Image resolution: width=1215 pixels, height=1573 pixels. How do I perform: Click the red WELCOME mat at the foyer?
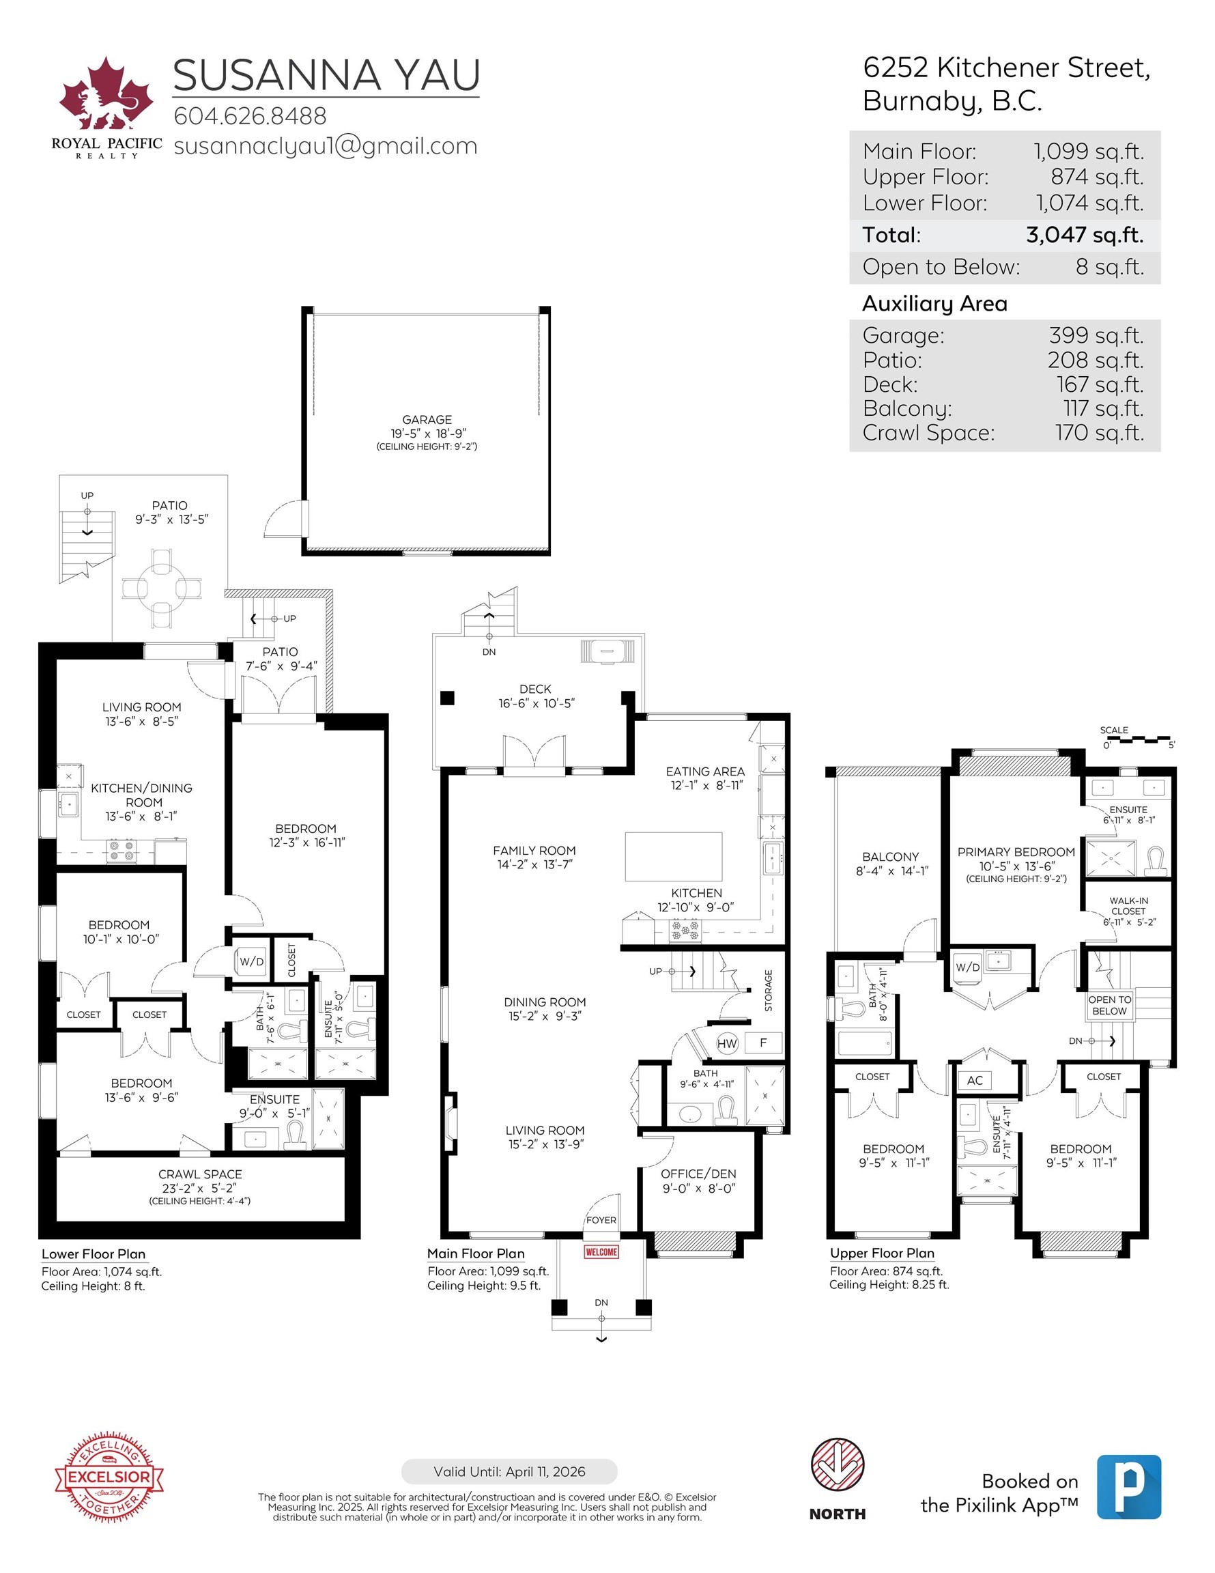pos(601,1251)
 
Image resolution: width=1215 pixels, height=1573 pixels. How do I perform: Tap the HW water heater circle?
pos(727,1043)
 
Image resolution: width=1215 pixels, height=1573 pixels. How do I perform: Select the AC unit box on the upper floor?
pos(975,1079)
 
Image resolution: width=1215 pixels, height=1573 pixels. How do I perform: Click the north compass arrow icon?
pos(837,1465)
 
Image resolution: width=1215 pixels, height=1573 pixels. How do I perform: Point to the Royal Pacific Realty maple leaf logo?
pos(106,97)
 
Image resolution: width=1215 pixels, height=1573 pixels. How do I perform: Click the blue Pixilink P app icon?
pos(1128,1486)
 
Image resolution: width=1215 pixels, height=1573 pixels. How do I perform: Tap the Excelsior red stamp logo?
pos(109,1477)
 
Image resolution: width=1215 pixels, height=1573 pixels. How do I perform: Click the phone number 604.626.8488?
pos(250,116)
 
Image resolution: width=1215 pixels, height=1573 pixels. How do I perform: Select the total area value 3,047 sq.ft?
pos(1084,235)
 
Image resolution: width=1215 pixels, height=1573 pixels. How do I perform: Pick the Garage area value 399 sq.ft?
pos(1096,335)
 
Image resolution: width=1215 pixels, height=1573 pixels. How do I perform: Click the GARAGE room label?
pos(427,419)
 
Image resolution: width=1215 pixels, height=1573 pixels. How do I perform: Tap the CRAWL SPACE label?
pos(200,1174)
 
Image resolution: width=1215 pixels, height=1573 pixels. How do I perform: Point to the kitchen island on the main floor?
pos(674,856)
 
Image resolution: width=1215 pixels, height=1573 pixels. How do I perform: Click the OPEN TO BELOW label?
pos(1109,1005)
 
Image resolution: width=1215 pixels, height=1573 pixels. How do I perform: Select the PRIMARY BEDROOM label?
pos(1016,852)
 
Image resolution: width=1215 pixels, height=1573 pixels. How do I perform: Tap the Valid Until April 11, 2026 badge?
pos(509,1471)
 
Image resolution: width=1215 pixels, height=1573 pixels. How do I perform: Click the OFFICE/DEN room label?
pos(698,1174)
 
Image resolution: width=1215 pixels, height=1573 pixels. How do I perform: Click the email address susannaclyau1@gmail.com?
pos(326,145)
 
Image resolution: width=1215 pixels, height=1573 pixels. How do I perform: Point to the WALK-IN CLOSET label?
pos(1128,905)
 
